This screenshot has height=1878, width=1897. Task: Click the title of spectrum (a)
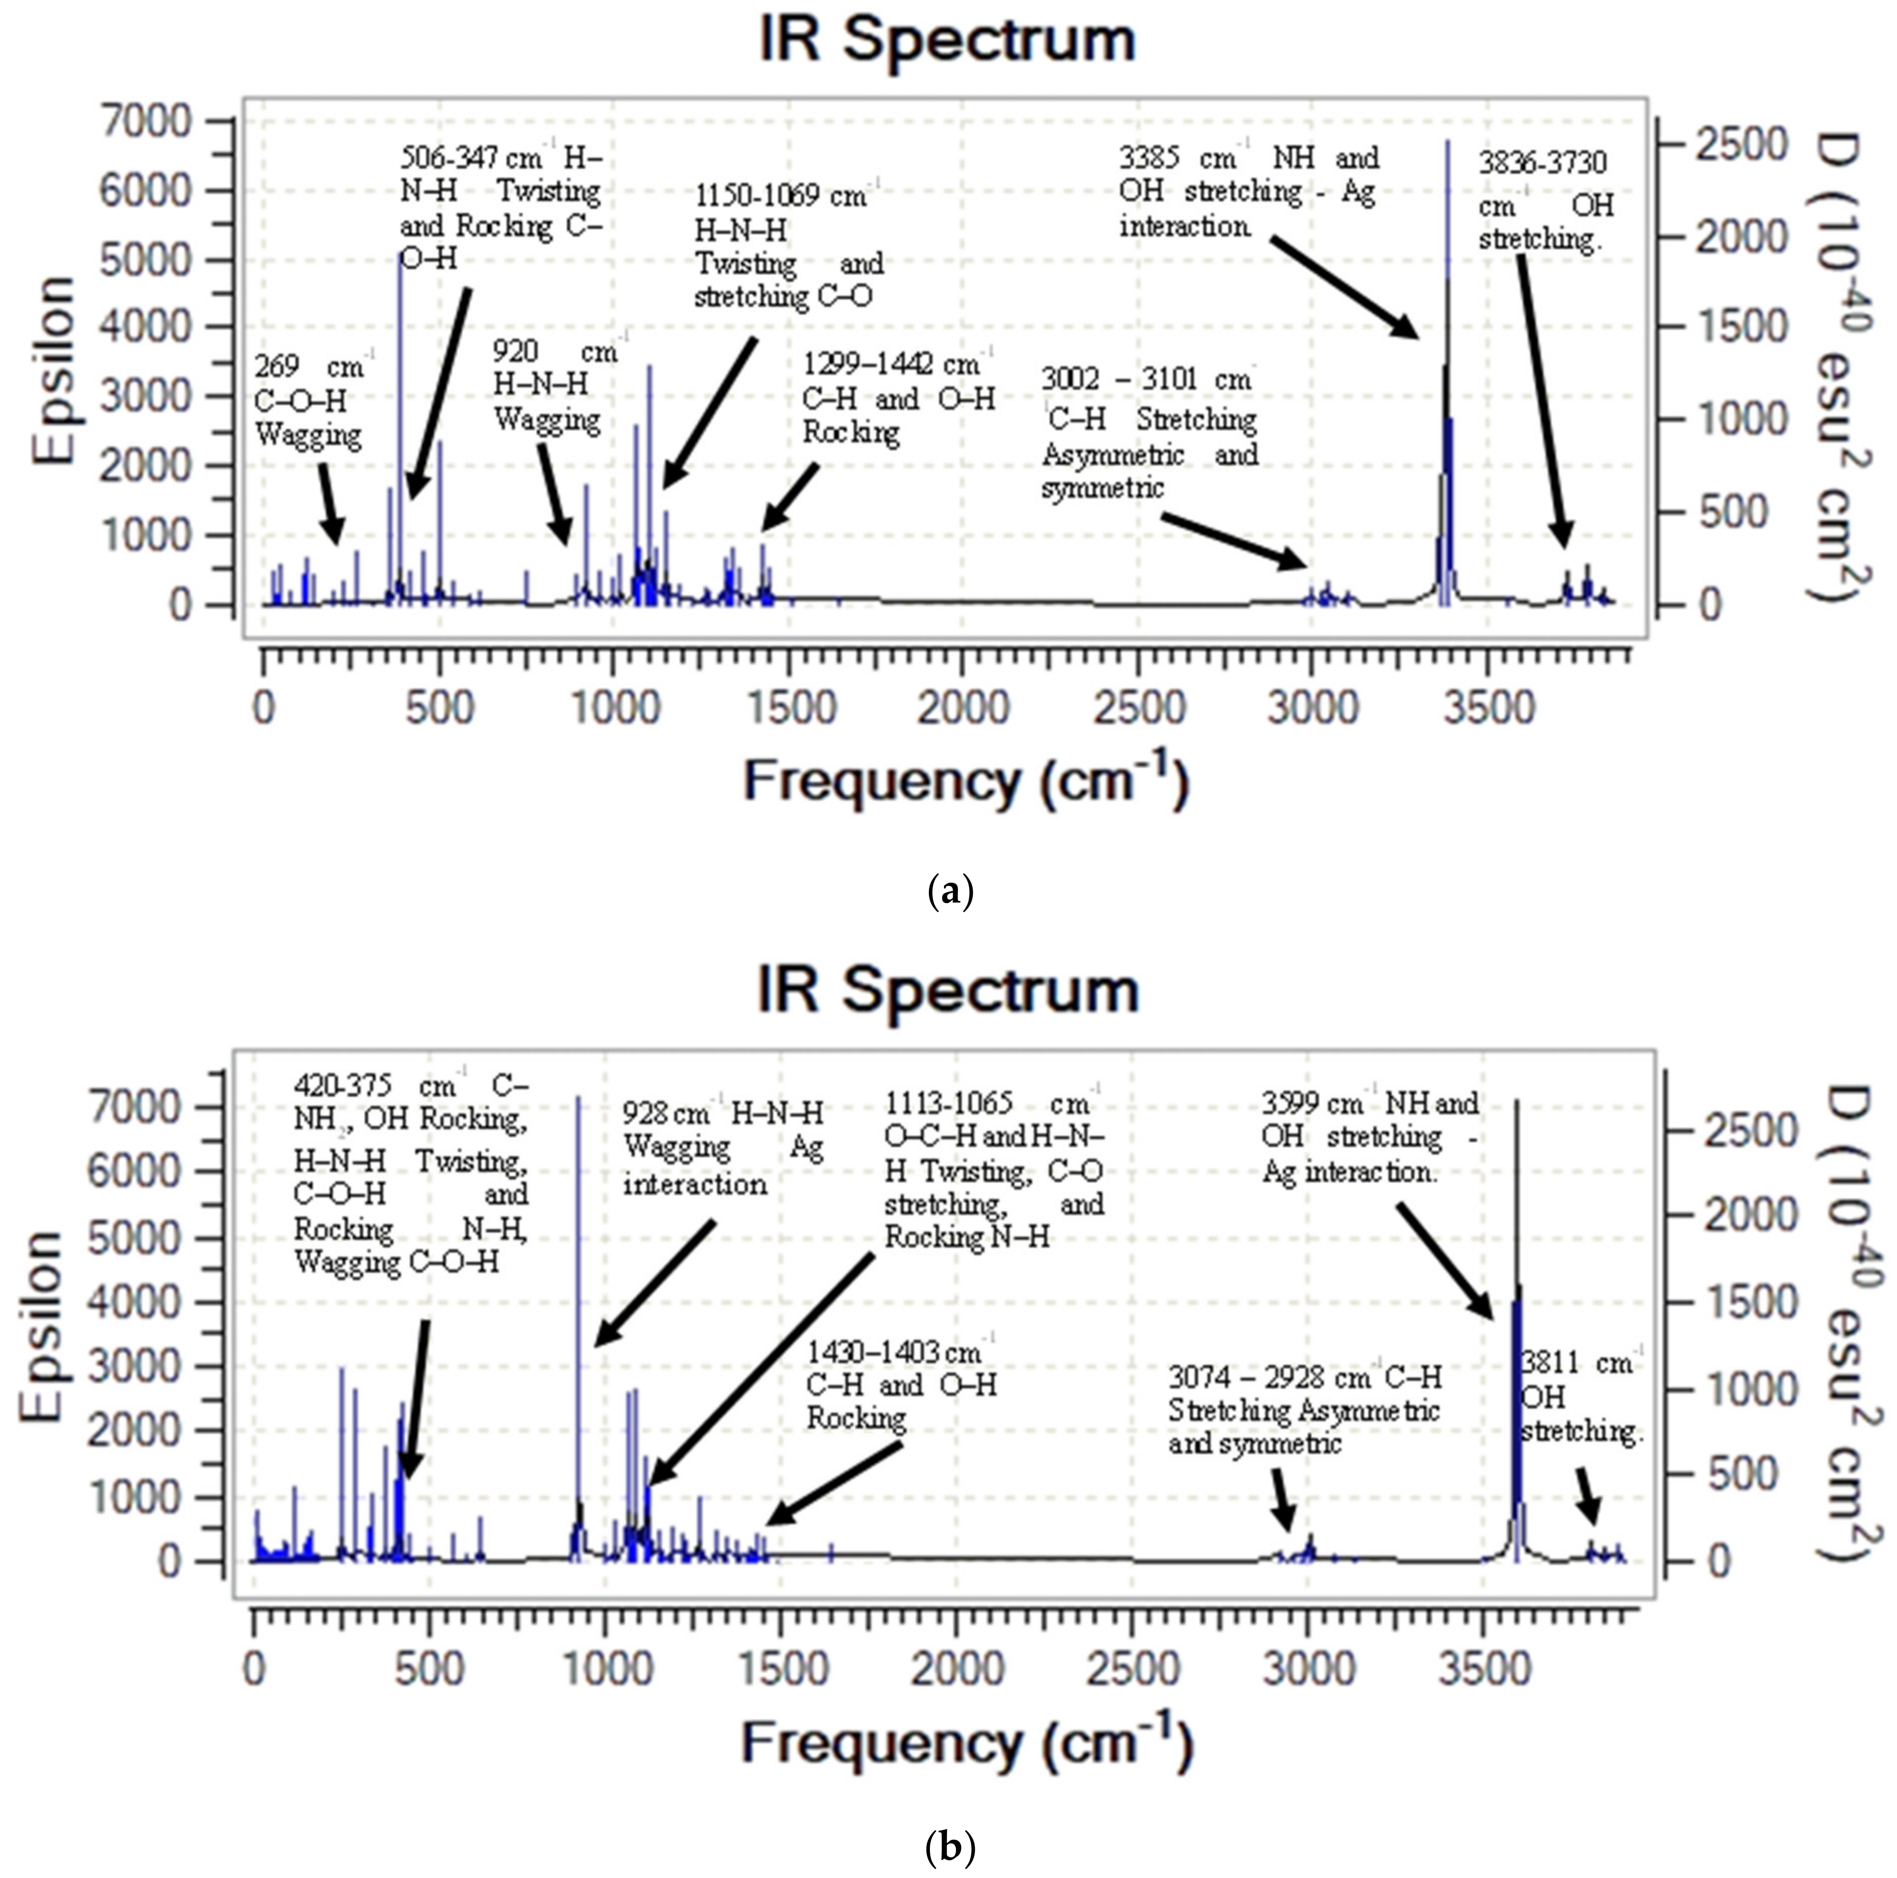pyautogui.click(x=947, y=41)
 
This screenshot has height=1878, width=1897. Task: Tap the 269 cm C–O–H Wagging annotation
pyautogui.click(x=309, y=401)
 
